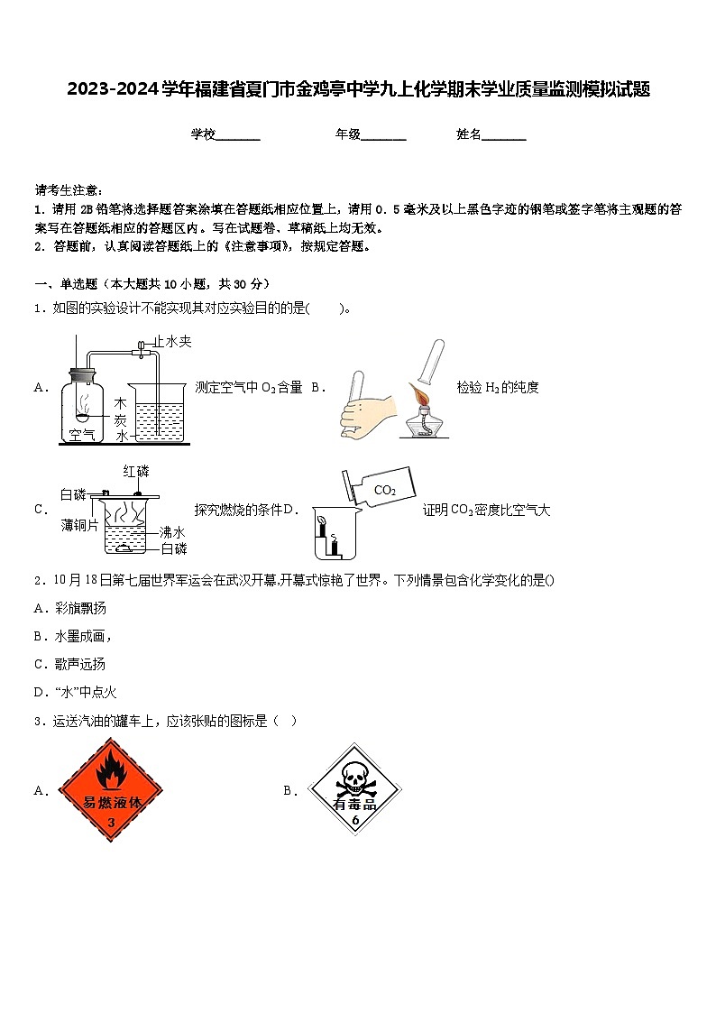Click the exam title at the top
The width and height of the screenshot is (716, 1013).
[358, 89]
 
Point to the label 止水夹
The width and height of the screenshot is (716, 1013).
[172, 342]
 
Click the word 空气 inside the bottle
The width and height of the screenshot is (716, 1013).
[82, 435]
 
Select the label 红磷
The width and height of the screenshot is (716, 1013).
[136, 471]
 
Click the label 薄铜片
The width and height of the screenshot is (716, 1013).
[79, 525]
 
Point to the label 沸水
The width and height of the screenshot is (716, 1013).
[172, 532]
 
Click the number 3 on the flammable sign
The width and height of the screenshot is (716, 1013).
[111, 823]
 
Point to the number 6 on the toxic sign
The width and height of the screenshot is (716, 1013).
[355, 821]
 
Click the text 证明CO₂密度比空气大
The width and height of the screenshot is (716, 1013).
[486, 510]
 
